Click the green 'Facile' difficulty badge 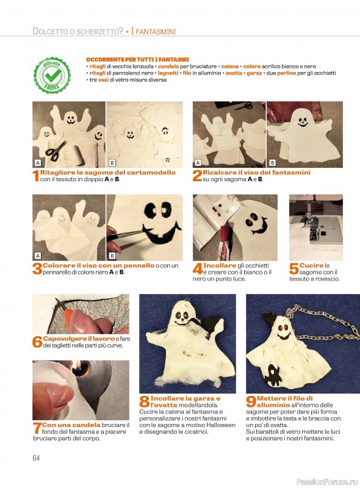click(52, 75)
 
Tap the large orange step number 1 click(36, 176)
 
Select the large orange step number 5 click(293, 268)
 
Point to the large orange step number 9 click(251, 401)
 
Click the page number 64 click(36, 458)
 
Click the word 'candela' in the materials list click(168, 66)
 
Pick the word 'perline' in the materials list click(287, 73)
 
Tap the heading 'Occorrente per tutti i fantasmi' click(137, 59)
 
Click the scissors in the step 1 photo click(56, 151)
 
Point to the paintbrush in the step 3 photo click(130, 235)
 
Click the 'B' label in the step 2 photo click(272, 162)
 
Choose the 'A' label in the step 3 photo click(38, 256)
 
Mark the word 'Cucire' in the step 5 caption click(311, 265)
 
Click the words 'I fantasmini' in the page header click(153, 31)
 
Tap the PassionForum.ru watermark click(327, 482)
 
